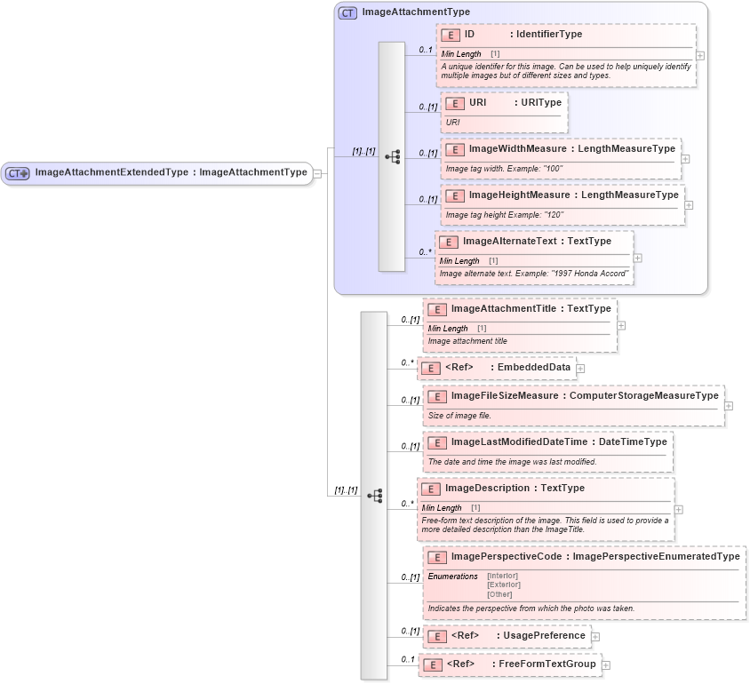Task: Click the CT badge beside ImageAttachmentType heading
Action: pyautogui.click(x=347, y=13)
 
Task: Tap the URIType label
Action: pyautogui.click(x=540, y=103)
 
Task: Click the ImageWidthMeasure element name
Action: pyautogui.click(x=517, y=149)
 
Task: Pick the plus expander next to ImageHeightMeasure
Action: pyautogui.click(x=690, y=205)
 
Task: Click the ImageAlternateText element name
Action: pyautogui.click(x=509, y=241)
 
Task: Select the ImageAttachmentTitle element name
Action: pyautogui.click(x=503, y=308)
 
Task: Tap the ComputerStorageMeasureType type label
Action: pyautogui.click(x=643, y=395)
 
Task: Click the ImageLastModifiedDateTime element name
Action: pyautogui.click(x=519, y=441)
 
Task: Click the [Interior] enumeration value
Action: pyautogui.click(x=502, y=576)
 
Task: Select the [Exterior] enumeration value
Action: pyautogui.click(x=504, y=585)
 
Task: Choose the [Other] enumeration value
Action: pyautogui.click(x=499, y=594)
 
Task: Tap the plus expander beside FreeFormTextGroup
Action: pyautogui.click(x=606, y=664)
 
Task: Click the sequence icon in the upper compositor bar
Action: pyautogui.click(x=392, y=157)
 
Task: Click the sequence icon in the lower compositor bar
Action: pyautogui.click(x=374, y=495)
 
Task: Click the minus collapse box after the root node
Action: pyautogui.click(x=317, y=173)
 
